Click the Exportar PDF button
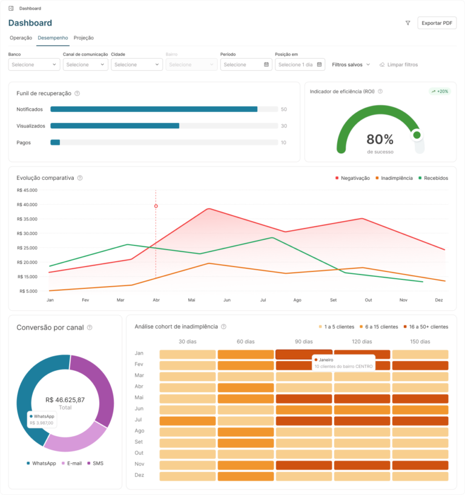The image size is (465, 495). coord(437,23)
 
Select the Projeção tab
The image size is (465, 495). coord(84,38)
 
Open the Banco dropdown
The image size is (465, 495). coord(34,65)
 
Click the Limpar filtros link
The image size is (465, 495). coord(399,65)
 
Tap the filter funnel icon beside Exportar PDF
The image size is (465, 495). coord(408,23)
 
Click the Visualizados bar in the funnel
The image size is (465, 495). coord(115,126)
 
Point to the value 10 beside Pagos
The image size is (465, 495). coord(283,143)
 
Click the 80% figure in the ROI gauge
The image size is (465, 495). coord(380,139)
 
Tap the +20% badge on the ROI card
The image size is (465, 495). coord(440,91)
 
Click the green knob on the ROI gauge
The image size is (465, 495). coord(417,135)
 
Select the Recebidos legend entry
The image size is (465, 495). coord(433,178)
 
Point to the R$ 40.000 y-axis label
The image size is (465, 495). coord(27,205)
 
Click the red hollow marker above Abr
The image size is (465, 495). coord(156,206)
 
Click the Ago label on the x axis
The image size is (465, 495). coord(297,301)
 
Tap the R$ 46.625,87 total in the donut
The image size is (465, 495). coord(65,400)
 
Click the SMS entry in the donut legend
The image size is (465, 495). coord(95,463)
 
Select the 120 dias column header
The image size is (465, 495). coord(362,342)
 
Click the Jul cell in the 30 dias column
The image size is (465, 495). coord(187,421)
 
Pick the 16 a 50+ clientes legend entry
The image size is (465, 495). coord(426,327)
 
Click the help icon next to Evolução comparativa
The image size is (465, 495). coord(80,178)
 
